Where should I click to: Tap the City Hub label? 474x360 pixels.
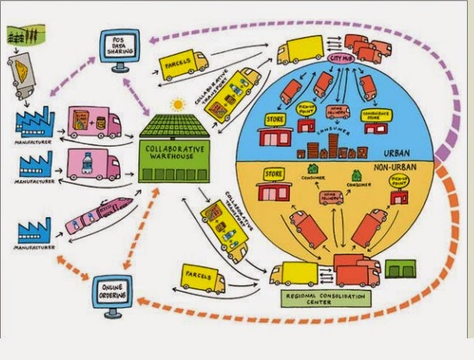(x=340, y=58)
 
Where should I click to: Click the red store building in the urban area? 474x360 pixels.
(x=274, y=138)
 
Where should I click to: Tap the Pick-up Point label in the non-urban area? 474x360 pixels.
(x=399, y=182)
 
